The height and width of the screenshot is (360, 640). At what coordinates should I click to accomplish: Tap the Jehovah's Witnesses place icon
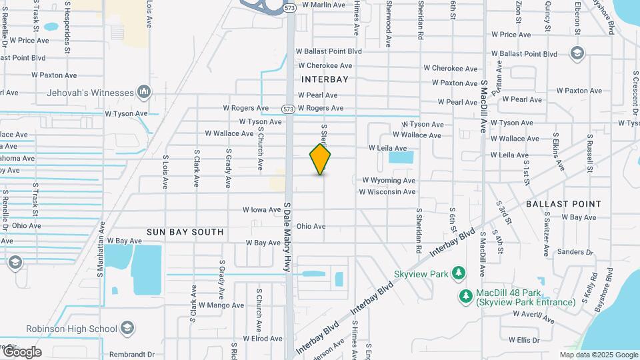[144, 91]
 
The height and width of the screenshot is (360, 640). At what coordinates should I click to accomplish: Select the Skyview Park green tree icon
[458, 273]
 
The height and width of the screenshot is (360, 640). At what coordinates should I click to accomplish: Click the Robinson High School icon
[127, 329]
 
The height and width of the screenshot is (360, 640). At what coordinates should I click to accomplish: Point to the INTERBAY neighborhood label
[325, 79]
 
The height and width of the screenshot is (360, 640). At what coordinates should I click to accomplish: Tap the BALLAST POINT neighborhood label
[563, 204]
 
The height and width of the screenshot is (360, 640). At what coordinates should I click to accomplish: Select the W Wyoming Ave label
[389, 180]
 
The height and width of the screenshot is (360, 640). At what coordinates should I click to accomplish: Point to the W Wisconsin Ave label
[387, 192]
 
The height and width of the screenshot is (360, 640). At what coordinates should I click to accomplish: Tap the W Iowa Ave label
[261, 209]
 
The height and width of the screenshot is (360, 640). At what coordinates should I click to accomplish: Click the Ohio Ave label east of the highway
[311, 227]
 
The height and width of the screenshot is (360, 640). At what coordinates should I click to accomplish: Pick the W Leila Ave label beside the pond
[387, 148]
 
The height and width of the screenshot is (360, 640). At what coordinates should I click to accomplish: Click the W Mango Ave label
[207, 305]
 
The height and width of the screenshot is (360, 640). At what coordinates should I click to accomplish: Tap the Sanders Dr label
[575, 253]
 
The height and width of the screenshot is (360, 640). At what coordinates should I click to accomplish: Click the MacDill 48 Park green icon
[466, 295]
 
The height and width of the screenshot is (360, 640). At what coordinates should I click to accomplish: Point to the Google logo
[22, 352]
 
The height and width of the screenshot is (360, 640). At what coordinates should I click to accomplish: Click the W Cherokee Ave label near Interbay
[325, 65]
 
